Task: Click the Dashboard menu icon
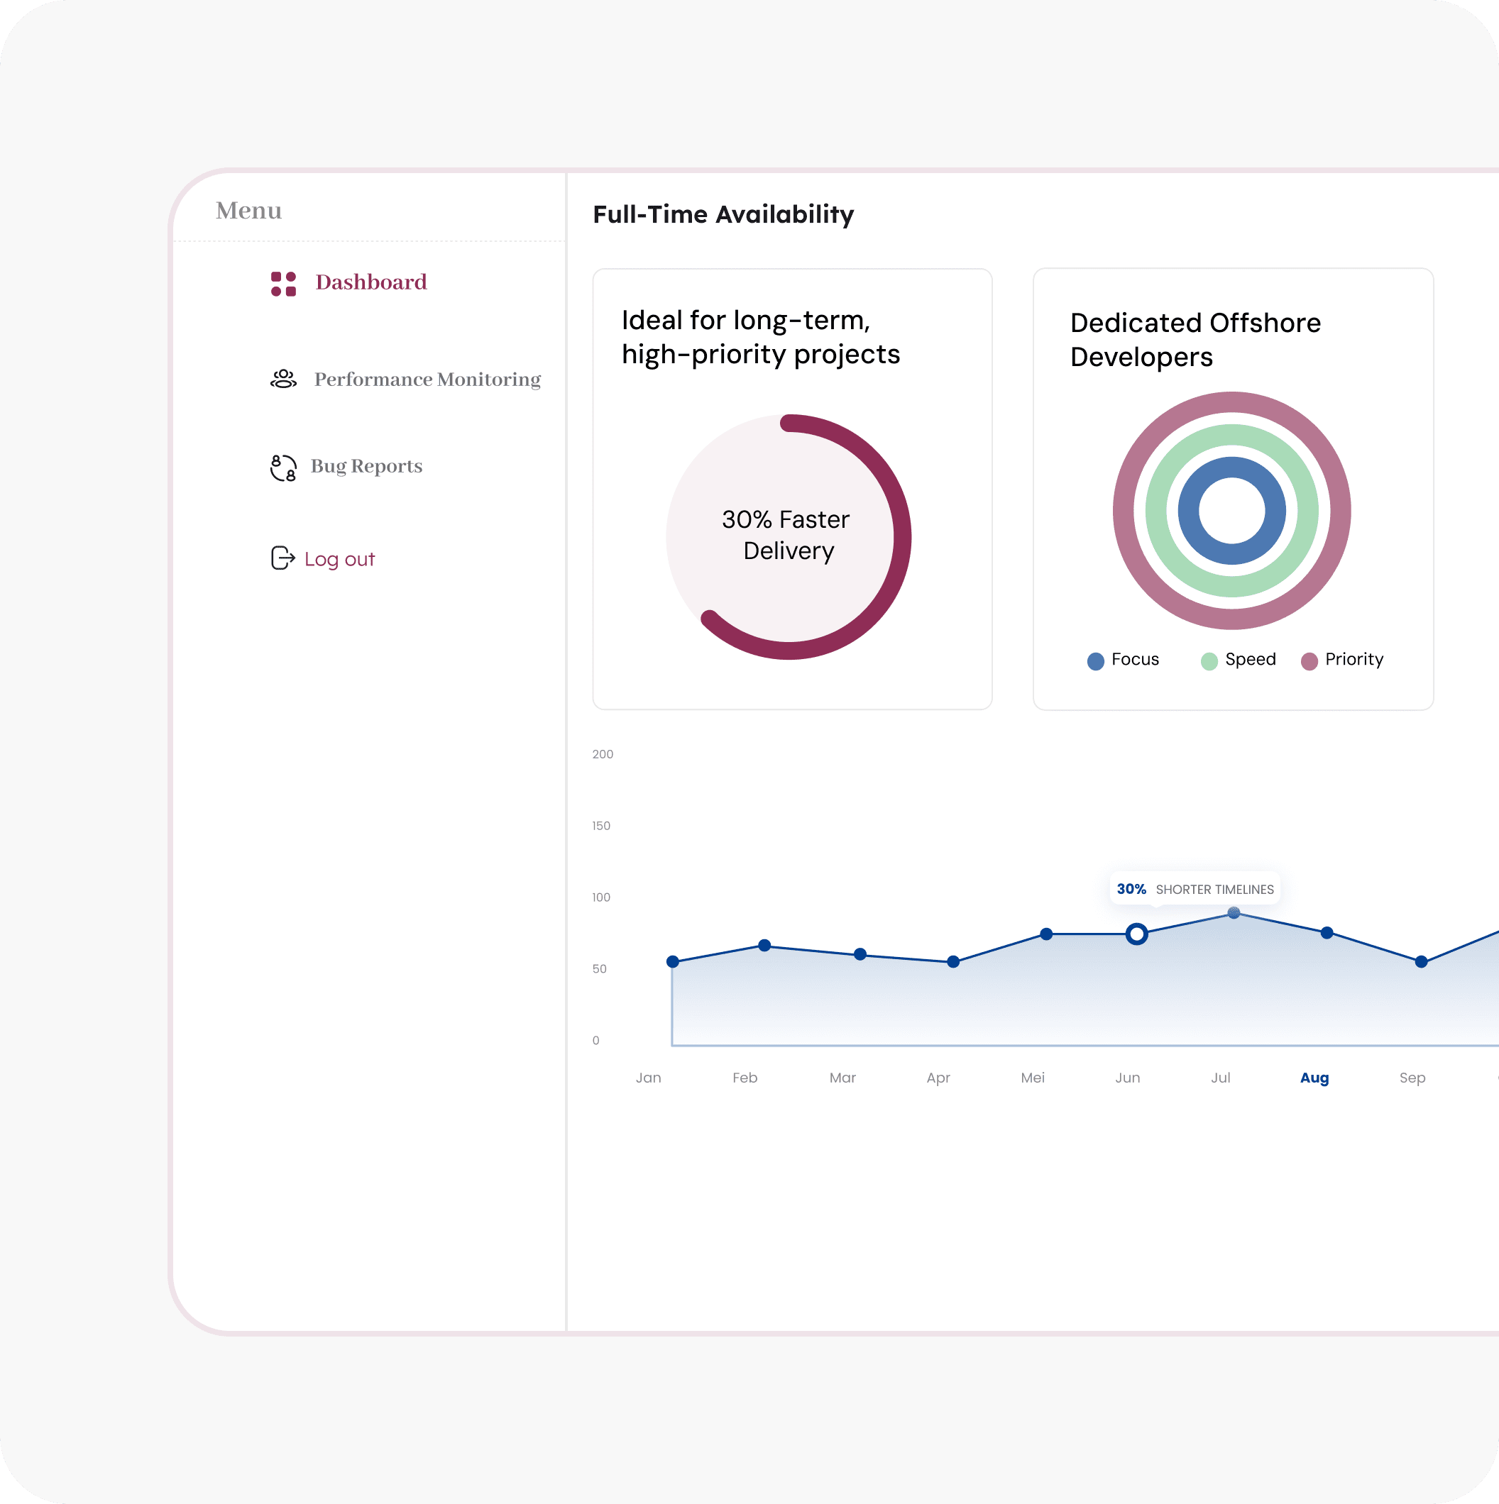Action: tap(283, 283)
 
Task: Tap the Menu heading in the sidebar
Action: tap(248, 210)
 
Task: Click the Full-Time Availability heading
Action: tap(723, 214)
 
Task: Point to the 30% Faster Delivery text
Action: tap(786, 535)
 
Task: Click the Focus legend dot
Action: tap(1096, 661)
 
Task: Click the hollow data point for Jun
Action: tap(1137, 934)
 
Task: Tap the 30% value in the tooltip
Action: tap(1131, 889)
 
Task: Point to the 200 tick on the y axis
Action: tap(603, 753)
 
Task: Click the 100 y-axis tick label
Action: tap(601, 897)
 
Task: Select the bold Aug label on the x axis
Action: tap(1314, 1078)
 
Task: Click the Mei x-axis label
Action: tap(1033, 1078)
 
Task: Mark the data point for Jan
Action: tap(673, 961)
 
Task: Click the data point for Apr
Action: tap(953, 961)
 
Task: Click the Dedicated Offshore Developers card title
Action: tap(1195, 339)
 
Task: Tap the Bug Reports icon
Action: tap(283, 468)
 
